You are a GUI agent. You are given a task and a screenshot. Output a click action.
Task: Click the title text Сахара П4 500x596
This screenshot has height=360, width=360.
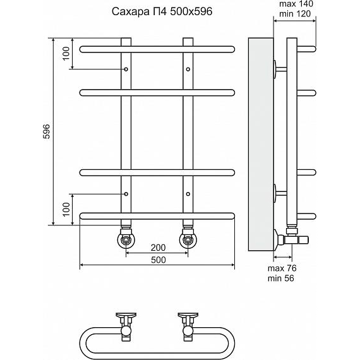coord(162,11)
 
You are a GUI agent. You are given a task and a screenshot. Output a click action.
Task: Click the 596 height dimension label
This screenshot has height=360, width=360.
coord(47,131)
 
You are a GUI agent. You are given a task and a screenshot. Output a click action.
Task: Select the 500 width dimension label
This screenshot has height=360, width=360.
coord(158,260)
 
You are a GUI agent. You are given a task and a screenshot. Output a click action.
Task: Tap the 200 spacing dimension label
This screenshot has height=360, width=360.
coord(158,248)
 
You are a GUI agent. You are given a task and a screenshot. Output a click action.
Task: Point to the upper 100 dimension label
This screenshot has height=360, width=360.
coord(66,53)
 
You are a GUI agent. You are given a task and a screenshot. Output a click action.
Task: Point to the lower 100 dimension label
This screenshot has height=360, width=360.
coord(66,209)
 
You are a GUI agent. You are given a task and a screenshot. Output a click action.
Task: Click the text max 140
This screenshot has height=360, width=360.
coord(296,4)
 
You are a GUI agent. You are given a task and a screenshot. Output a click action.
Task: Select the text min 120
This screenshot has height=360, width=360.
coord(295,14)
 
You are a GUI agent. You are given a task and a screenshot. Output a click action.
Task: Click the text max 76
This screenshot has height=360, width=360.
coord(282,268)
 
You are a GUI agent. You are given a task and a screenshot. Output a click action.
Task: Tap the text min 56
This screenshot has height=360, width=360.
coord(281,279)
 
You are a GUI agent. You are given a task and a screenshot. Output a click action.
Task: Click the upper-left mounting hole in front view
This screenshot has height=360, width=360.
coord(126,69)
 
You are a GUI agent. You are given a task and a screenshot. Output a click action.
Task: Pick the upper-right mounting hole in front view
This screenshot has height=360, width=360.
coord(188,69)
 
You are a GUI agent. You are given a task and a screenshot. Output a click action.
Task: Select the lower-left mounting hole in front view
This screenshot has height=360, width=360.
coord(126,194)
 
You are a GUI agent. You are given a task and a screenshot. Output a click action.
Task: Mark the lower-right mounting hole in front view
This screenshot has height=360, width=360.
coord(188,194)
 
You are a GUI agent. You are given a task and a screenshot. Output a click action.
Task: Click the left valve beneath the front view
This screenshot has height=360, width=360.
coord(126,238)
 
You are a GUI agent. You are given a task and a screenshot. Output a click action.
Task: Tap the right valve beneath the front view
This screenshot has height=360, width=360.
coord(188,238)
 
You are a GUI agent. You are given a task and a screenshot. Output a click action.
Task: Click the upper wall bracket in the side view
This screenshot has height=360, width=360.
coord(280,69)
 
